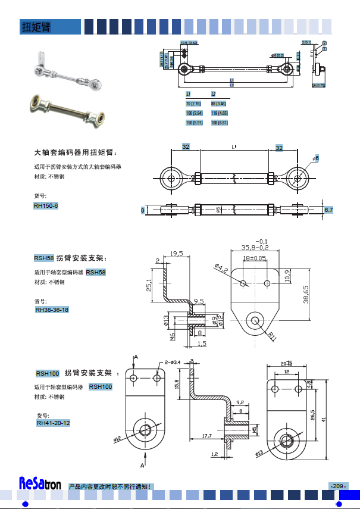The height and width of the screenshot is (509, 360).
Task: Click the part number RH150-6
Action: click(x=46, y=206)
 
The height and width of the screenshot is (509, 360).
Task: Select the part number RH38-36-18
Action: click(x=52, y=310)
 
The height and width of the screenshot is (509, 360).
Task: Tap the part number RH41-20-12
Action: click(x=54, y=423)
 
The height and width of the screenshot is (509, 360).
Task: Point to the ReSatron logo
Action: click(x=40, y=483)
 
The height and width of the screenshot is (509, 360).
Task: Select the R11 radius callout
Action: click(x=272, y=336)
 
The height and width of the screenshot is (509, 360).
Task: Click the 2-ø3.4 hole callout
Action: click(x=170, y=361)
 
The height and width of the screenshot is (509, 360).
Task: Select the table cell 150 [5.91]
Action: click(x=195, y=123)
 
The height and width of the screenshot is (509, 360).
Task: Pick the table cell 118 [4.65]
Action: click(x=220, y=113)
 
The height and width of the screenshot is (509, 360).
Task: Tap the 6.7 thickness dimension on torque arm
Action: click(x=329, y=210)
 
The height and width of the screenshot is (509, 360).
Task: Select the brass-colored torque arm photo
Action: click(x=67, y=110)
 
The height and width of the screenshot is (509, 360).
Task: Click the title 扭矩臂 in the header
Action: click(x=36, y=27)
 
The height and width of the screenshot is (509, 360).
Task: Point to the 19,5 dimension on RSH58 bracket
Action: click(x=177, y=254)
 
